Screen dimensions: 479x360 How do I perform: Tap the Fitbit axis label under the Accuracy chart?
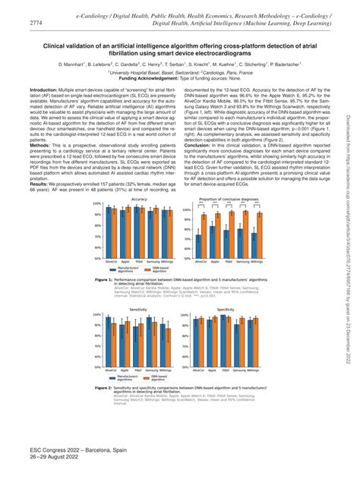click(144, 261)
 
